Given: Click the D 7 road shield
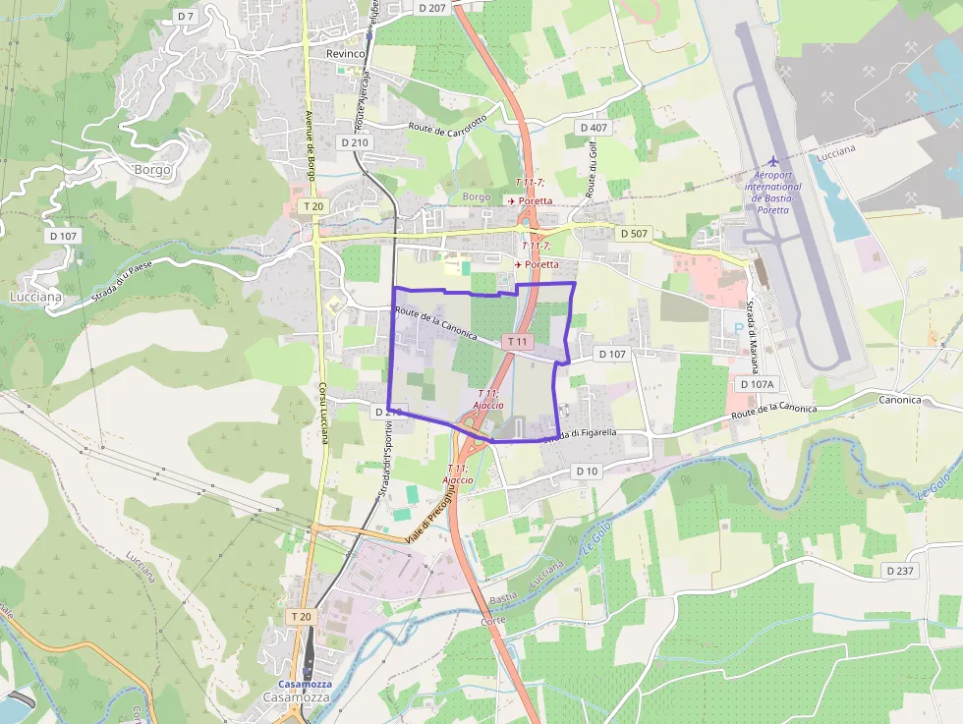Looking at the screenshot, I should (x=186, y=17).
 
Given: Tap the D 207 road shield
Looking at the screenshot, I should (x=431, y=7).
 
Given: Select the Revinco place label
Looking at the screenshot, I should (x=346, y=53).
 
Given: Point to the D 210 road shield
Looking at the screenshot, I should (x=355, y=142).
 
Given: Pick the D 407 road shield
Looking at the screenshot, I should (x=594, y=128).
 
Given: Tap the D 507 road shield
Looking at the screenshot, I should (x=634, y=234).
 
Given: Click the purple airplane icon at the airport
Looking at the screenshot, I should (x=773, y=160).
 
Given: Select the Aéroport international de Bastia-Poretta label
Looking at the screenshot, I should (x=773, y=187).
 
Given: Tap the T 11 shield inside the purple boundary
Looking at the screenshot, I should (x=517, y=342).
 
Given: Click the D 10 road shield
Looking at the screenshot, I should (x=587, y=472).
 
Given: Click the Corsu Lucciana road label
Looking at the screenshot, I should (x=322, y=413).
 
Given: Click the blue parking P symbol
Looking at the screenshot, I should (x=739, y=328).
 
